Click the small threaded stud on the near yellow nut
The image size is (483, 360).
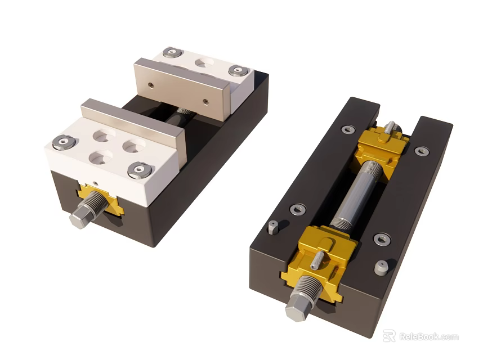point(318,258)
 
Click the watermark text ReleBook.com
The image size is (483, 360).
point(428,336)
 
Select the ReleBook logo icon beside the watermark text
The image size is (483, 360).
point(389,336)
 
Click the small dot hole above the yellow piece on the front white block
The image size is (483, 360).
point(97,183)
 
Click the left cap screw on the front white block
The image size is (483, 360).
point(62,142)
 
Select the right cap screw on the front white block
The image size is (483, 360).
point(139,169)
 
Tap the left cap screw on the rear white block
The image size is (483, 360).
point(171,53)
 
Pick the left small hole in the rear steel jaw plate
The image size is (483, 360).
point(151,85)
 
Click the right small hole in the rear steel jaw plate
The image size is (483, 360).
point(205,102)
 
